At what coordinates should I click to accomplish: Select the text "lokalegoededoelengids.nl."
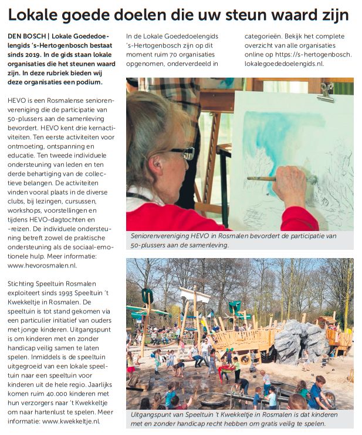[284, 64]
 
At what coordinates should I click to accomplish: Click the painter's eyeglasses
[183, 153]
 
